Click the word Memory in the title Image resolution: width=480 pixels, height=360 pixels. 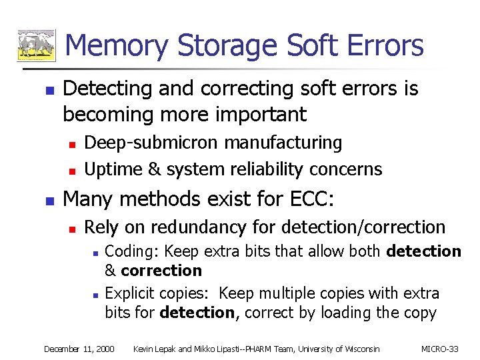click(x=118, y=45)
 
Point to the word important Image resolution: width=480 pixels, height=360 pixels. click(x=260, y=114)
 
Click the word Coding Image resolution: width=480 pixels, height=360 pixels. click(x=132, y=251)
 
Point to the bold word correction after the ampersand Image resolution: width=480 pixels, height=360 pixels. click(x=161, y=271)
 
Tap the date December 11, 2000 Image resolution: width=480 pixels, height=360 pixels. click(x=79, y=349)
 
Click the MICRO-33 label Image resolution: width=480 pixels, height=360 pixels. click(x=440, y=349)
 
